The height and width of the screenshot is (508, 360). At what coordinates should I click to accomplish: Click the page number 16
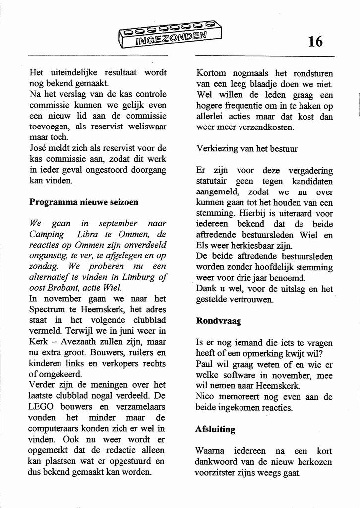point(315,41)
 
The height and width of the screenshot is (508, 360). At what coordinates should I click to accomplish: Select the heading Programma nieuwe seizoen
point(84,202)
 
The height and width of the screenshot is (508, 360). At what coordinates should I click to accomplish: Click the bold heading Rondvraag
point(219,321)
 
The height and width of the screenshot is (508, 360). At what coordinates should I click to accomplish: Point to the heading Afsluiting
point(215,429)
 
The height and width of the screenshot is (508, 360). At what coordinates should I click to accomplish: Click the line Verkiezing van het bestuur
point(247,148)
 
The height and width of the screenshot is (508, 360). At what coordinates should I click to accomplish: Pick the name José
point(38,148)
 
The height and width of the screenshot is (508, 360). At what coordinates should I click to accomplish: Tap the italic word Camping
point(47,234)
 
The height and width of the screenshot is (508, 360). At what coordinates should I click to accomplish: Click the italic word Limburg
point(135,277)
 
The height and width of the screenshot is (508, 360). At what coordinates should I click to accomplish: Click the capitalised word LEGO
point(40,407)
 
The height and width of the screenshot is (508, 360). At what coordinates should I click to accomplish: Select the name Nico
point(205,397)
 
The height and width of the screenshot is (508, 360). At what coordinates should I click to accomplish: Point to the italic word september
point(118,223)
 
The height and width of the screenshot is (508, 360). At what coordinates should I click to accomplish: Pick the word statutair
point(213,181)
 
